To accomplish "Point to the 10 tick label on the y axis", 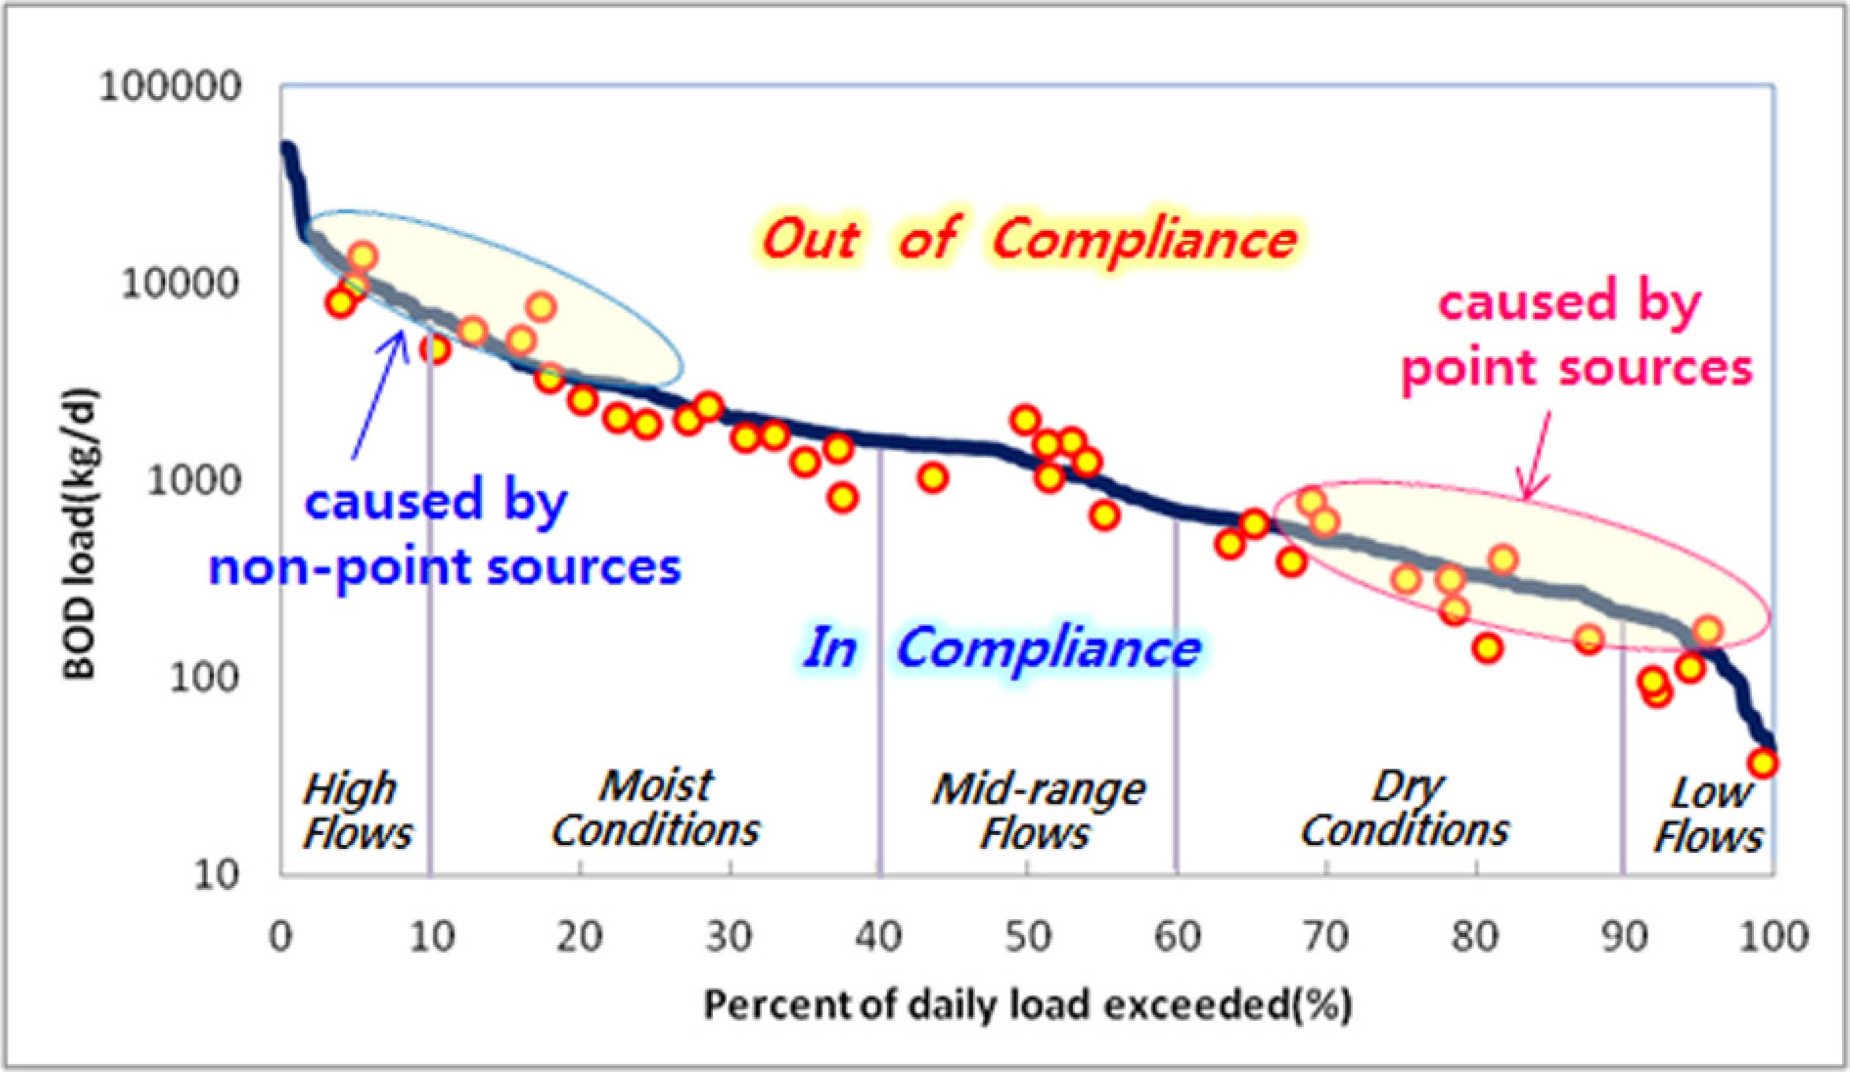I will [x=217, y=874].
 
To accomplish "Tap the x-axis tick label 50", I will [x=1028, y=938].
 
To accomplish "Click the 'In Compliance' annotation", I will [x=1001, y=648].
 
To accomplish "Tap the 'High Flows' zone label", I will [x=357, y=812].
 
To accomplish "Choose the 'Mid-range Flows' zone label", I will [x=1038, y=812].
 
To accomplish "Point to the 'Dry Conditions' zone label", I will [x=1405, y=808].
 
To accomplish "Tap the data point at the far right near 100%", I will [x=1762, y=763].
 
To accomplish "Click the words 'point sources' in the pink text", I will [x=1577, y=367].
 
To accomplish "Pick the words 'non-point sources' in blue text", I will [x=445, y=567].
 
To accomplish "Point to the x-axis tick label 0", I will [x=281, y=938].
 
